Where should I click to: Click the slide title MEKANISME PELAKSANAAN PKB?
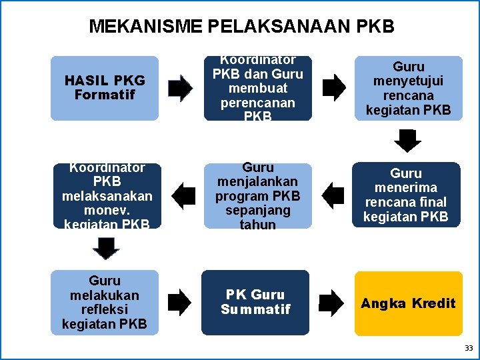(x=241, y=27)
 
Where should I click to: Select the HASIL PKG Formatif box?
(x=105, y=88)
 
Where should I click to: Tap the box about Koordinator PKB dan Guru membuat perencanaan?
(x=257, y=88)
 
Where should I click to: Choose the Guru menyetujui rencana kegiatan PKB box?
(x=408, y=88)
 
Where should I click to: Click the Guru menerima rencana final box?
(x=406, y=195)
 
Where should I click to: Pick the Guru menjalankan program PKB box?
(x=257, y=195)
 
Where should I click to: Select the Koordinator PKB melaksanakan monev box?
(x=107, y=195)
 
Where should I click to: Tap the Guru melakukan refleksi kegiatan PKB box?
(x=105, y=302)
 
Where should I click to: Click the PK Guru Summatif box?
(x=255, y=302)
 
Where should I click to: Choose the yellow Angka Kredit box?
(x=408, y=303)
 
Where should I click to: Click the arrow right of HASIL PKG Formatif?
(x=180, y=88)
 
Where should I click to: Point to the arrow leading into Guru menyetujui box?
(x=334, y=88)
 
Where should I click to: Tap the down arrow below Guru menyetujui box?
(x=407, y=141)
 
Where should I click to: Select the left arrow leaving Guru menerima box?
(x=333, y=195)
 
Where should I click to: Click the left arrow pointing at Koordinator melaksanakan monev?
(x=183, y=195)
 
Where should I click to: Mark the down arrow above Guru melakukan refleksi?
(x=105, y=248)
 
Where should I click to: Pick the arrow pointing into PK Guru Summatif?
(x=179, y=302)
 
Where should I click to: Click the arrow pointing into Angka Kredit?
(x=332, y=302)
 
